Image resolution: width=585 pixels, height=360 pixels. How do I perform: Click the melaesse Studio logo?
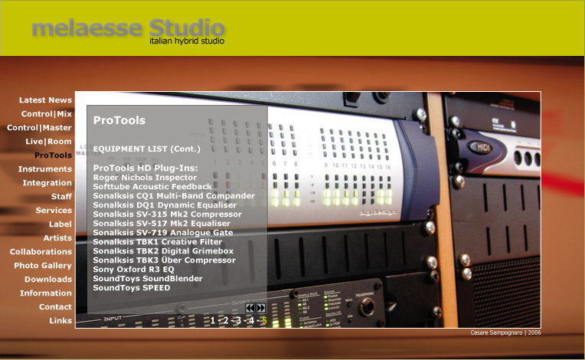[x=128, y=31]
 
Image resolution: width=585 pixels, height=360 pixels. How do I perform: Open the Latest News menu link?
[x=45, y=100]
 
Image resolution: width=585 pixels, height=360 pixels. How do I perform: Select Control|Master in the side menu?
[x=39, y=128]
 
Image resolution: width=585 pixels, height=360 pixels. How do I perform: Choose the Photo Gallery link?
[x=43, y=266]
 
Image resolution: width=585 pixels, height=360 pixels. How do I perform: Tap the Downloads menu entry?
[x=48, y=280]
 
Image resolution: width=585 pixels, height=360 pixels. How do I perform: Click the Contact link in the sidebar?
[x=55, y=307]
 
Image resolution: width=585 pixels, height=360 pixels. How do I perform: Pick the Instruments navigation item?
[x=44, y=169]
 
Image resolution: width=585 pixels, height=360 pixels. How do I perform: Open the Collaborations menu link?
[x=41, y=252]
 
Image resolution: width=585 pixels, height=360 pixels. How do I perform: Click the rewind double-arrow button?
[x=250, y=308]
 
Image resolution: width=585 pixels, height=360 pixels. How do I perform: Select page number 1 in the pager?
[x=213, y=320]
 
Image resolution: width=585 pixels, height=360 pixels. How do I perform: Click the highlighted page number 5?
[x=264, y=320]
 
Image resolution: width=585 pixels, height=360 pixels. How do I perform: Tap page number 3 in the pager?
[x=238, y=320]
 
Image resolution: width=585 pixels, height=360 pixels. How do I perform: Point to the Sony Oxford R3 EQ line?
[x=133, y=270]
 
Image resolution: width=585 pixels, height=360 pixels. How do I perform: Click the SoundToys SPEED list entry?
[x=132, y=288]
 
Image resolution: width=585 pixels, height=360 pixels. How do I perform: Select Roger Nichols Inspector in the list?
[x=145, y=178]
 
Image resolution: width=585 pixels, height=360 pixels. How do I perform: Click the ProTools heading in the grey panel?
[x=119, y=120]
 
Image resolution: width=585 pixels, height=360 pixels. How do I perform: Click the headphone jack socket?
[x=367, y=308]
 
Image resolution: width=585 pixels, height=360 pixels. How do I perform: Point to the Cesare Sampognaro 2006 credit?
[x=505, y=332]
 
